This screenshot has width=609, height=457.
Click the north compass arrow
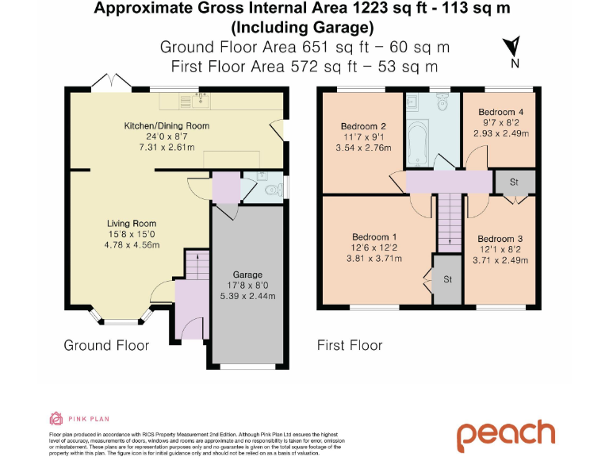514,47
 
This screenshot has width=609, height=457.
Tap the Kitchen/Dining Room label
166,126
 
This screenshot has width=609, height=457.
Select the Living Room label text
132,223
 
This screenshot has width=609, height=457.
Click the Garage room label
247,275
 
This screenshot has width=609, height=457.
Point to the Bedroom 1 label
374,237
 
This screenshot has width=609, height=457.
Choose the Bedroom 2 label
363,126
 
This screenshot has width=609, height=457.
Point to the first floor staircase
450,221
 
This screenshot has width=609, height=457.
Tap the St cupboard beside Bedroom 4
514,182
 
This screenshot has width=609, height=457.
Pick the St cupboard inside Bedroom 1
447,279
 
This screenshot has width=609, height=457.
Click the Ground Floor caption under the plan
106,345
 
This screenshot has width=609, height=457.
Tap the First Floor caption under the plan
349,345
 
